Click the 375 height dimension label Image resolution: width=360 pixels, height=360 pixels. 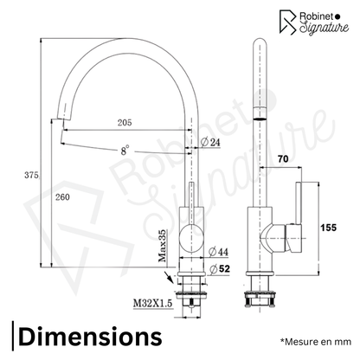pos(31,175)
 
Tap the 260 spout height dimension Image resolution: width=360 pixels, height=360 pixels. pos(62,197)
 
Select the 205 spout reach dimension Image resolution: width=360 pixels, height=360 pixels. pos(125,123)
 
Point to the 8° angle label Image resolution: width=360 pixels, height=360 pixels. pos(125,151)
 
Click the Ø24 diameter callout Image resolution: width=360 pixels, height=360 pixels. pos(210,142)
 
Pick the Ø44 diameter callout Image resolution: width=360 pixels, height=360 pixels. pos(218,252)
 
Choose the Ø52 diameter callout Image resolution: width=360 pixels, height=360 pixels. pos(220,269)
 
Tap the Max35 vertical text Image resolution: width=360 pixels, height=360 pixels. pos(163,246)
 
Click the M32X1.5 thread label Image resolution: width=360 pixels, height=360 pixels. pos(152,303)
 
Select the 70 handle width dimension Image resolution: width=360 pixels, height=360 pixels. pos(283,159)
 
